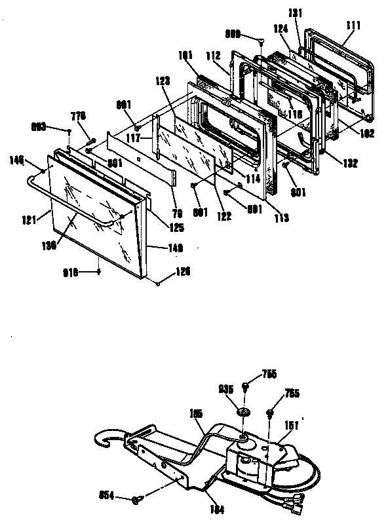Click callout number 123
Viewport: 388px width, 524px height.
pyautogui.click(x=164, y=81)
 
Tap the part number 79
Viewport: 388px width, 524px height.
pyautogui.click(x=176, y=212)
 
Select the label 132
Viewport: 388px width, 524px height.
pyautogui.click(x=350, y=162)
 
